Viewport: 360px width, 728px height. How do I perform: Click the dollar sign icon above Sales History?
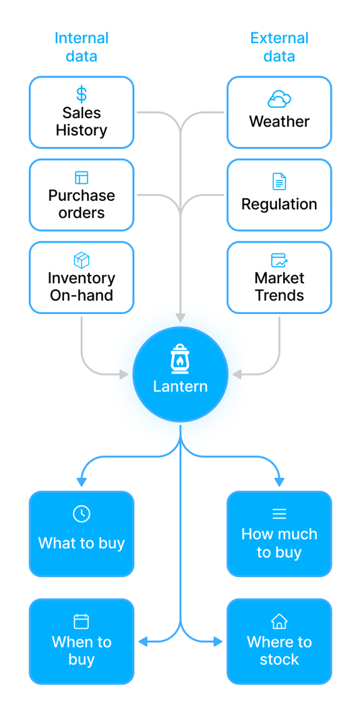(82, 94)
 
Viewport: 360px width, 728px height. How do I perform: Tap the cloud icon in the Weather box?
(279, 100)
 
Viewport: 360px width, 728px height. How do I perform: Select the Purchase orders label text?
(82, 204)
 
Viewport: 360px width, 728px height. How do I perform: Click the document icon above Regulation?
(279, 181)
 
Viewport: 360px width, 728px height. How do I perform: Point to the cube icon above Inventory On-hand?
(82, 260)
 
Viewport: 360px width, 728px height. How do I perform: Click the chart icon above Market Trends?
(279, 260)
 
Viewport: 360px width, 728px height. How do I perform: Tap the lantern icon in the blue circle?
(180, 359)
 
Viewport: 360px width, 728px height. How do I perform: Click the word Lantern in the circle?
(180, 387)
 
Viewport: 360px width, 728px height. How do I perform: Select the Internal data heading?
(82, 47)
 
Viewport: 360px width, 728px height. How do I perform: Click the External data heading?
(279, 47)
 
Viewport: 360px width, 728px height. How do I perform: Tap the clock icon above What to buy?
(82, 514)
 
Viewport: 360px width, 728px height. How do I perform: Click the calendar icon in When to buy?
(82, 621)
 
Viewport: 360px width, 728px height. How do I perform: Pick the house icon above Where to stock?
(279, 621)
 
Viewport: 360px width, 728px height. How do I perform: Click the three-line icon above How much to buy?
(279, 514)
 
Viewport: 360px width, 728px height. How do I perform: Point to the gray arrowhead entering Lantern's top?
(180, 317)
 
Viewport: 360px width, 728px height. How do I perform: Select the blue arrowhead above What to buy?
(82, 482)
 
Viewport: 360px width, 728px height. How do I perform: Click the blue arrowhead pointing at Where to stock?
(218, 642)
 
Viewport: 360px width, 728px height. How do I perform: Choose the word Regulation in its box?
(279, 204)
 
